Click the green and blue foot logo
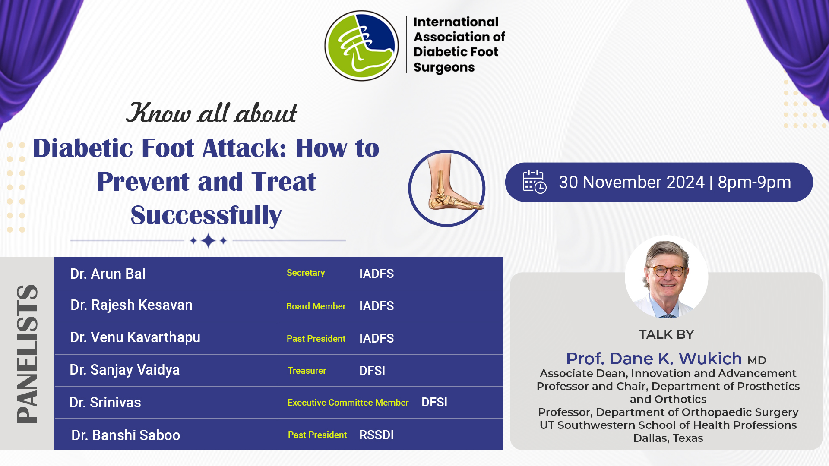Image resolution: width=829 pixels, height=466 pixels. (362, 46)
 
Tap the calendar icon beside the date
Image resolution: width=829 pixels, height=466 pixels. (535, 182)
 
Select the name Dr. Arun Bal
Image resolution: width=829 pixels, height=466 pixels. (108, 274)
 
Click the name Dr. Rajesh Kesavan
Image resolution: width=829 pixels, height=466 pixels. (131, 305)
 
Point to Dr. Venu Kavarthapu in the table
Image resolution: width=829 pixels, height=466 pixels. (135, 337)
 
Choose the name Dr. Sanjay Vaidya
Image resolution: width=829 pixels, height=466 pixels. (125, 370)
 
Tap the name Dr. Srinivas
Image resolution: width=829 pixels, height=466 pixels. (105, 403)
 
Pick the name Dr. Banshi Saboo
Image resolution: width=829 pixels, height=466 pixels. (126, 435)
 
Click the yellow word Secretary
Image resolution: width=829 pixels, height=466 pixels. (306, 273)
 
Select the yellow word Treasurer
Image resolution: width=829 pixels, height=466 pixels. (307, 371)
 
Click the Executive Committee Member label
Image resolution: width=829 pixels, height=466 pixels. (348, 403)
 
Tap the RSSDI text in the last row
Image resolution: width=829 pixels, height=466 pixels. (377, 435)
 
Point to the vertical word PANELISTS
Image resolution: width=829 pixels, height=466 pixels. (27, 353)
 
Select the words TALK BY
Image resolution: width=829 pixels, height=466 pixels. (666, 334)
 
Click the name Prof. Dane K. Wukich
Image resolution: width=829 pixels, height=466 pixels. (654, 359)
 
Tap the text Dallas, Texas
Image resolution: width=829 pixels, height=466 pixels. (668, 438)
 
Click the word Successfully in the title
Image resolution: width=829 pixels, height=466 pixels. (206, 215)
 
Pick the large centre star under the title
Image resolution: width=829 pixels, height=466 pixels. (209, 240)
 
